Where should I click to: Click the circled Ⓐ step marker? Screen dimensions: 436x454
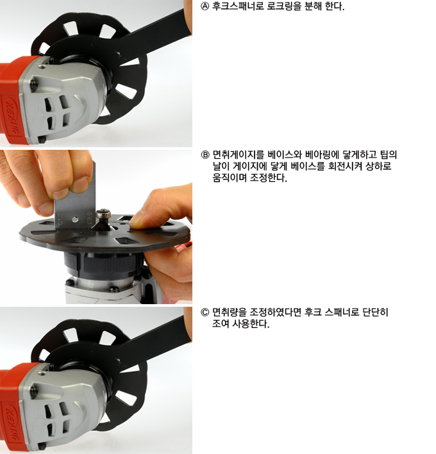pyautogui.click(x=205, y=6)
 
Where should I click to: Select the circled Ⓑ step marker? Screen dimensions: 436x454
pyautogui.click(x=205, y=155)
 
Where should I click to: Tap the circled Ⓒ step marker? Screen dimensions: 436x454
pyautogui.click(x=205, y=312)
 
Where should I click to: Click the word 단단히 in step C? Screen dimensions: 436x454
pyautogui.click(x=375, y=312)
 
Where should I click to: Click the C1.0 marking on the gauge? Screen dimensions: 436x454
pyautogui.click(x=60, y=218)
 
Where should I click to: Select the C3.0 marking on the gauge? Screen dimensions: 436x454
pyautogui.click(x=89, y=218)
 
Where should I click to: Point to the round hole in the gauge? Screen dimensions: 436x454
pyautogui.click(x=75, y=219)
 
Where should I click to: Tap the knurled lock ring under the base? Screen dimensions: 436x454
pyautogui.click(x=110, y=263)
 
